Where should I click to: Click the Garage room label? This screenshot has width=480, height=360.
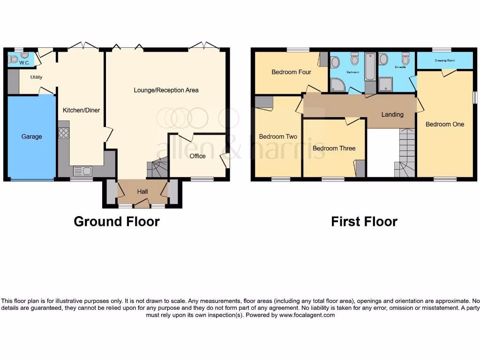[x=31, y=137]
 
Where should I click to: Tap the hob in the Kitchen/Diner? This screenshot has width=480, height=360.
[x=63, y=133]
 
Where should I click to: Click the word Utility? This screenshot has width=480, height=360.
[x=36, y=77]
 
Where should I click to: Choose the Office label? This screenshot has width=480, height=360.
[x=197, y=156]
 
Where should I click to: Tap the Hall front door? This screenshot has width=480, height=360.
[x=142, y=203]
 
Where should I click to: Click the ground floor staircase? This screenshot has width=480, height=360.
[x=158, y=168]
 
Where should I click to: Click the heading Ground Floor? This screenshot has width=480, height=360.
[x=117, y=221]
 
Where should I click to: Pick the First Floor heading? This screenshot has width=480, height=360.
[x=364, y=221]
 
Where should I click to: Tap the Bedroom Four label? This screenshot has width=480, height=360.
[x=291, y=72]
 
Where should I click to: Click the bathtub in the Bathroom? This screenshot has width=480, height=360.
[x=370, y=67]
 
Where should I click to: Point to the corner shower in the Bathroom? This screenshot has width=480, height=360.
[x=337, y=84]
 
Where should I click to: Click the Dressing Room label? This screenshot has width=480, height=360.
[x=444, y=60]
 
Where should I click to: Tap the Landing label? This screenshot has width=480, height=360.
[x=392, y=114]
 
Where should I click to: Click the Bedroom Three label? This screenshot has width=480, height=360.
[x=334, y=148]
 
